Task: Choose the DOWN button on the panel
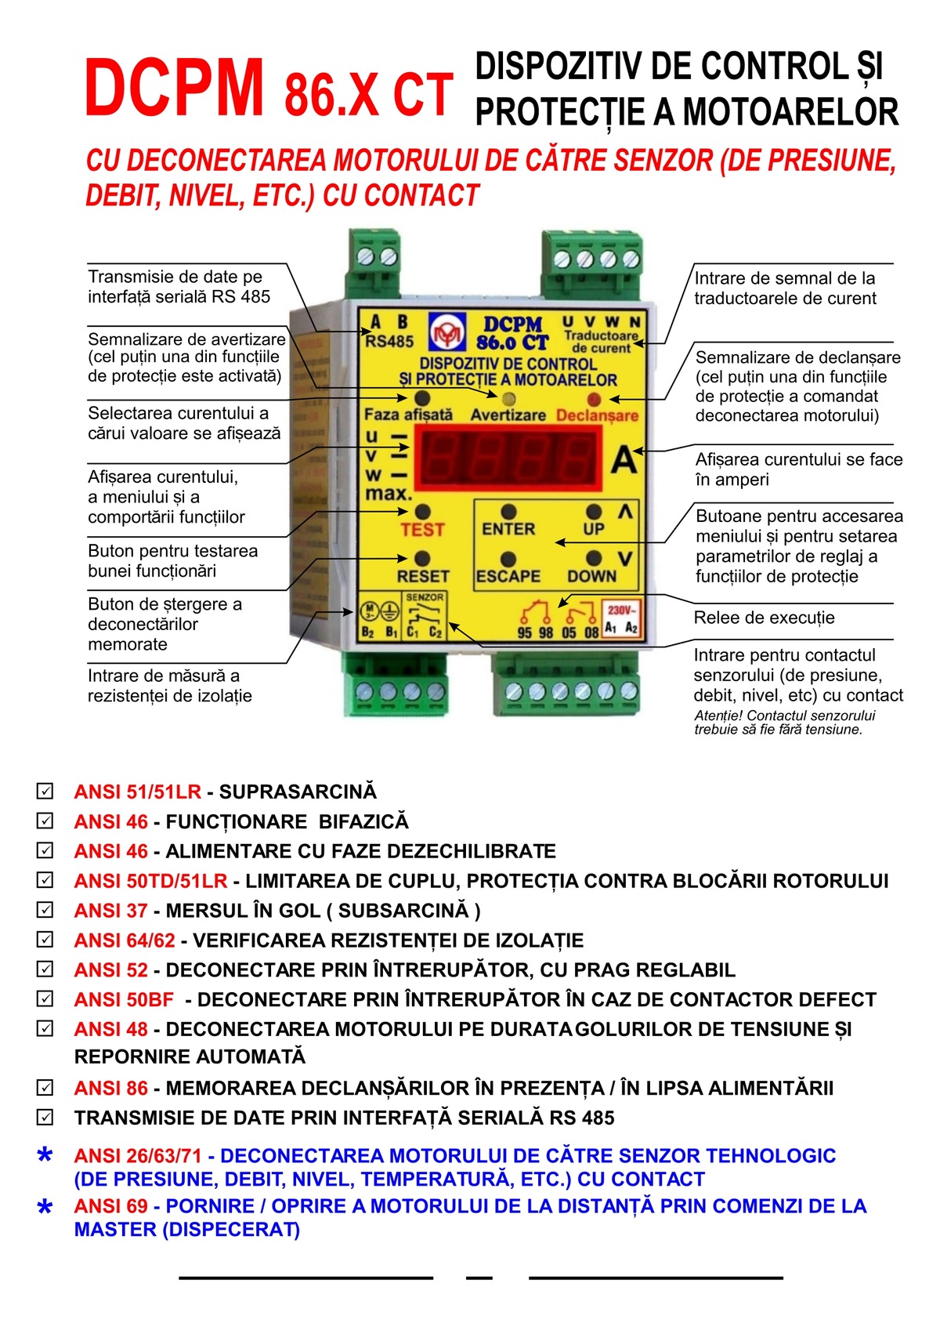(594, 559)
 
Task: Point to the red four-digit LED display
(508, 457)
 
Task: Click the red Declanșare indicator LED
(594, 399)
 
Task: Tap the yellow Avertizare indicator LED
(508, 399)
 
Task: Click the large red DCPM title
(174, 89)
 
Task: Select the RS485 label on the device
(389, 341)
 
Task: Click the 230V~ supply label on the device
(622, 610)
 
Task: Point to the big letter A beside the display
(624, 460)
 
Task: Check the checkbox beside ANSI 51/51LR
(45, 791)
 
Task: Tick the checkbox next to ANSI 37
(45, 910)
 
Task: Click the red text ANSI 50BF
(124, 999)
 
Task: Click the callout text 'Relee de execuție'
(764, 618)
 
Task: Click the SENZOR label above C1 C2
(425, 597)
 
